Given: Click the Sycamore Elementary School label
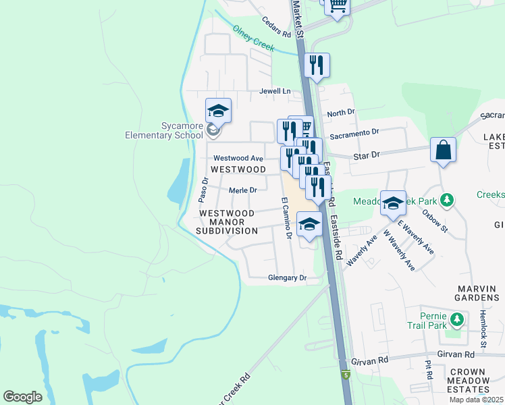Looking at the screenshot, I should point(163,130).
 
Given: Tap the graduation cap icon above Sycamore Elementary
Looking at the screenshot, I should point(218,110).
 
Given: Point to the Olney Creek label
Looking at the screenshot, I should point(253,38).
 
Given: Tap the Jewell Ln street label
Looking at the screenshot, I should point(274,91).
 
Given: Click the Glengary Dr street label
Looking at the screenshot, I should point(287,277).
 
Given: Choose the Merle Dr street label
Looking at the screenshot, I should point(243,191).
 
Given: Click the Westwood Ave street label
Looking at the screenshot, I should point(238,158).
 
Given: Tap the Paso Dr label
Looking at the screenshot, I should point(203,190).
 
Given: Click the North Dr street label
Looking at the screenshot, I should point(340,112).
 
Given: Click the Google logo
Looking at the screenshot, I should point(22,396).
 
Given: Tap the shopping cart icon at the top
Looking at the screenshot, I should point(337,5).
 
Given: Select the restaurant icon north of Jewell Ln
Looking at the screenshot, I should point(317,65).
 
